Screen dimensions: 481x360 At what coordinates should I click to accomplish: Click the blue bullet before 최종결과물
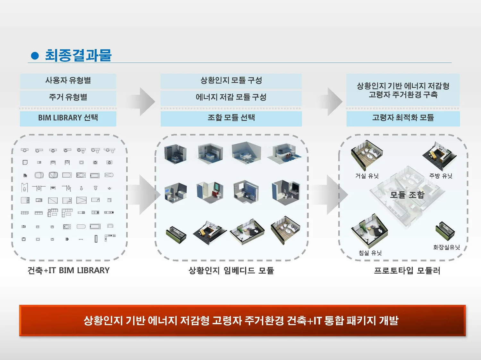click(x=35, y=56)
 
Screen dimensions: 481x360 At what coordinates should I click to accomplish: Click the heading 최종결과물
click(x=78, y=55)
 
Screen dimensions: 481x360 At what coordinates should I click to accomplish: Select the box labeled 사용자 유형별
click(x=68, y=81)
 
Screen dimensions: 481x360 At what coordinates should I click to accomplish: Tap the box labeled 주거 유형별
click(x=68, y=97)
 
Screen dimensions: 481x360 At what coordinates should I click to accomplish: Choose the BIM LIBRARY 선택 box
click(x=68, y=118)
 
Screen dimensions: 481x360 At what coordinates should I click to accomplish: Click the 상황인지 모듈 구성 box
click(x=231, y=81)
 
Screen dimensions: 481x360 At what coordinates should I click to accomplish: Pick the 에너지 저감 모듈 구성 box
click(x=231, y=97)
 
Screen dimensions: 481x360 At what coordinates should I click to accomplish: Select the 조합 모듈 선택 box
click(x=231, y=118)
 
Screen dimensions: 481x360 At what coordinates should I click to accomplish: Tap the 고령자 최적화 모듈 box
click(x=403, y=118)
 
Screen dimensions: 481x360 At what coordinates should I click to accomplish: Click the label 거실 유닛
click(x=367, y=176)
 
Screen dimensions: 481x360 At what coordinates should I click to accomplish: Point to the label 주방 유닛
click(x=441, y=176)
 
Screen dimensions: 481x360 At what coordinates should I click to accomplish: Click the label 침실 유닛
click(x=370, y=253)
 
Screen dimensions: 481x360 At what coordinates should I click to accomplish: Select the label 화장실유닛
click(x=446, y=247)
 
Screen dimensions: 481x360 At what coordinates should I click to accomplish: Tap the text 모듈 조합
click(x=407, y=195)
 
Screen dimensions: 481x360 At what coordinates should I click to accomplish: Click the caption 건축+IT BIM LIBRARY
click(x=69, y=271)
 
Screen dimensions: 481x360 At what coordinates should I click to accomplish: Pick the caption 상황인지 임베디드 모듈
click(x=231, y=271)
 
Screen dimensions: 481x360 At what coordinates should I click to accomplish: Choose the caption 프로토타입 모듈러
click(x=407, y=271)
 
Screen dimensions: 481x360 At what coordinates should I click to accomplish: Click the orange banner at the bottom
click(x=242, y=320)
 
